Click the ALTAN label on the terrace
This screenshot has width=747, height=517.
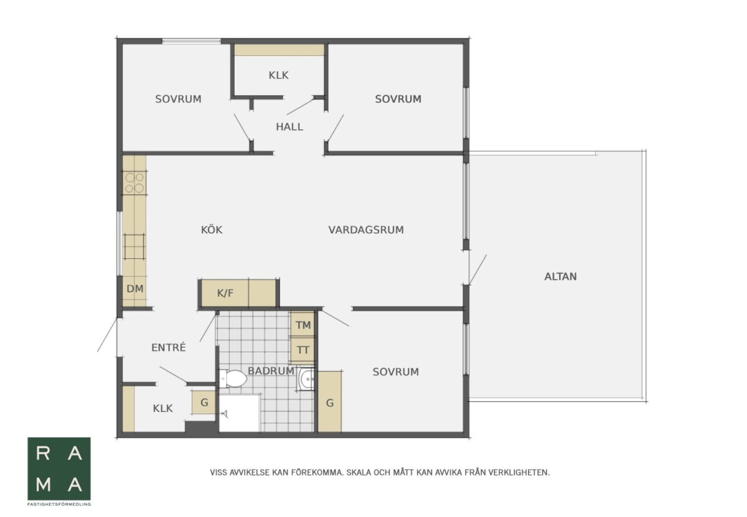tap(560, 277)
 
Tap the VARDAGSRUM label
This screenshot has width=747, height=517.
tap(366, 230)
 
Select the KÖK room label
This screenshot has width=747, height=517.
tap(212, 230)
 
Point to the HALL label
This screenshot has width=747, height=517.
tap(289, 127)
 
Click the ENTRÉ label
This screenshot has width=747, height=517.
tap(169, 347)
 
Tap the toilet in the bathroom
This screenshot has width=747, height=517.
tap(233, 379)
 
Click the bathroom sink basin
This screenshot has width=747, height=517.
tap(306, 379)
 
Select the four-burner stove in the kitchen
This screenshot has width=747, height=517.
tap(134, 183)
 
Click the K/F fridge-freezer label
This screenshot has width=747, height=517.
tap(225, 293)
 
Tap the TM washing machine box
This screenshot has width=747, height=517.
tap(303, 325)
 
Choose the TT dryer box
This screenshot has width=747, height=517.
tap(303, 350)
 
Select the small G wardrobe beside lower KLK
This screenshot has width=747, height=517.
tap(204, 403)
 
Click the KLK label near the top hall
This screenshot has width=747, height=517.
tap(278, 75)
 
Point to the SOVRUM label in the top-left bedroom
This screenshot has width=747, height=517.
tap(178, 99)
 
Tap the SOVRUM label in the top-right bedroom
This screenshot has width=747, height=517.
tap(398, 99)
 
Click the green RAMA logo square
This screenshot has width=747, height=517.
tap(59, 468)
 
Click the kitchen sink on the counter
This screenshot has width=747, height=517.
tap(134, 246)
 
